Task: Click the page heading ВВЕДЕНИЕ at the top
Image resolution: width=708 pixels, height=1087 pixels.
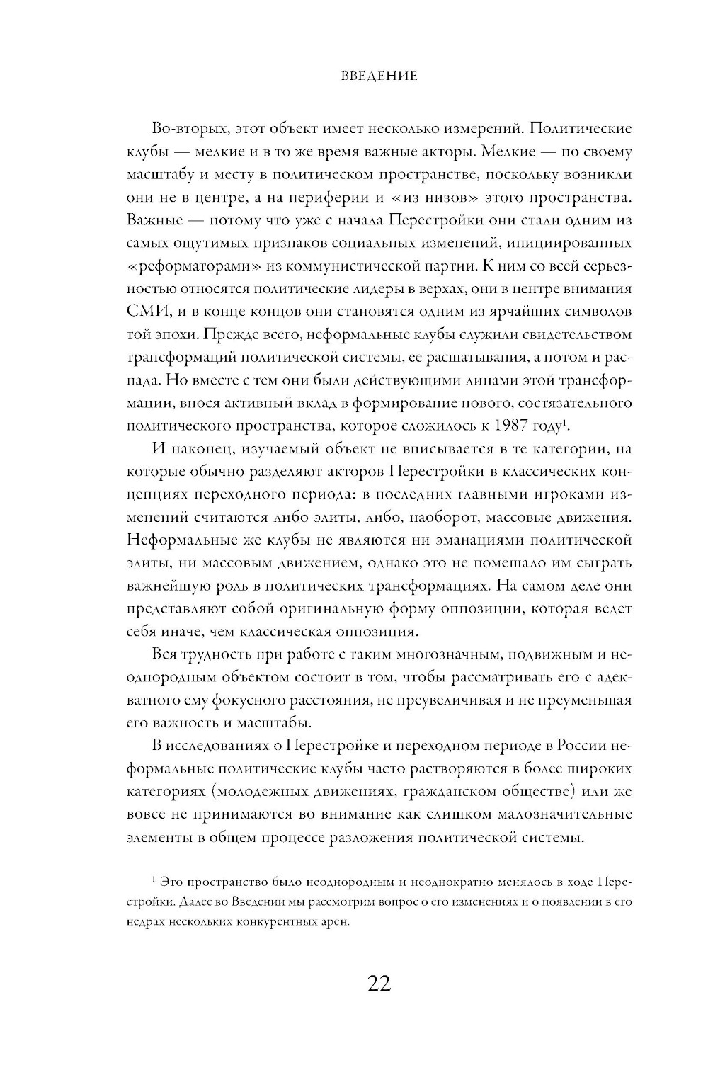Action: (x=379, y=76)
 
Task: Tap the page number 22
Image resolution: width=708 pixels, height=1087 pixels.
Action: (x=379, y=984)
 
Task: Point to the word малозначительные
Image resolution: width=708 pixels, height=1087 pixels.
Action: (x=563, y=814)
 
